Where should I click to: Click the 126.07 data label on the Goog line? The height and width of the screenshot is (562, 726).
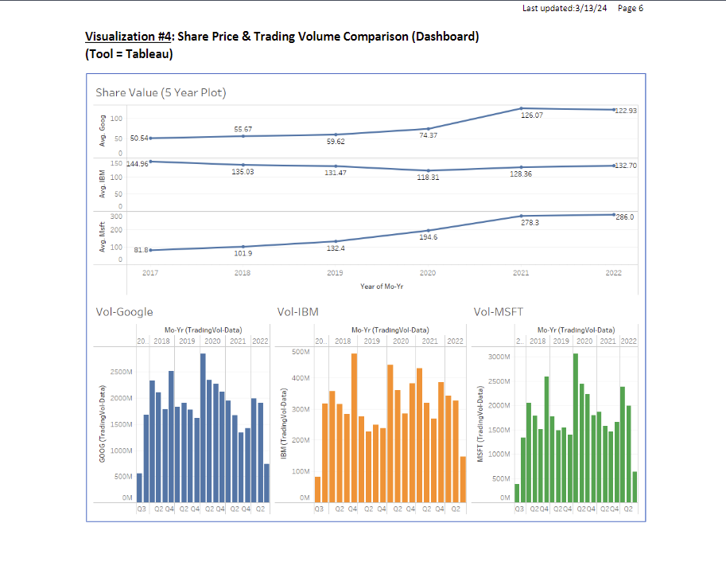(x=531, y=115)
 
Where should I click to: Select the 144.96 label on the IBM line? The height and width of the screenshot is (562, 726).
(x=138, y=164)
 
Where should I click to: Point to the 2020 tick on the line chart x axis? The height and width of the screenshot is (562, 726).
(x=428, y=273)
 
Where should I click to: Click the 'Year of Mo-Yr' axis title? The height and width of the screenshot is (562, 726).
(x=382, y=286)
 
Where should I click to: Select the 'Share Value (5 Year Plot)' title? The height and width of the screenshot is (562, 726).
(x=161, y=92)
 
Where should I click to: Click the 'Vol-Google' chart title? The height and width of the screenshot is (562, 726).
(x=124, y=312)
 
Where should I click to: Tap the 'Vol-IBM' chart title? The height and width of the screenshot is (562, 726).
(x=297, y=312)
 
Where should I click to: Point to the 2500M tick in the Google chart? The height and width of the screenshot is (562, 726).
(x=121, y=372)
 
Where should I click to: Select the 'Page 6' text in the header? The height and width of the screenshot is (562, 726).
(x=631, y=8)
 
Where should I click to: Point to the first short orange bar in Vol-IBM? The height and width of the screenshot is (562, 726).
(x=318, y=490)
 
